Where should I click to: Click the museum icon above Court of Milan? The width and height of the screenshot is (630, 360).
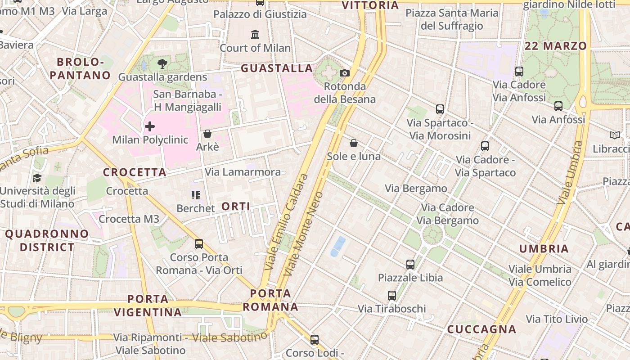[255, 34]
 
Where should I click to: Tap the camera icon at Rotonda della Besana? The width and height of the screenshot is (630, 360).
[345, 73]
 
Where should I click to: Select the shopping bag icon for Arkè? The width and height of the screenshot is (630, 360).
[207, 134]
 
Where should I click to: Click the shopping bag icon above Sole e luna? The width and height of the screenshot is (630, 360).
[354, 143]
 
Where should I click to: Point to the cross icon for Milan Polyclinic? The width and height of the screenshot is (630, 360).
[150, 126]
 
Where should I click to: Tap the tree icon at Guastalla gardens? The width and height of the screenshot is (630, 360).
[162, 64]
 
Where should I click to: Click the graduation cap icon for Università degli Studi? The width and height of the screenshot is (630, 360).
[37, 178]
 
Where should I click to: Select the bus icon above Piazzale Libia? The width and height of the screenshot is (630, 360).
[410, 265]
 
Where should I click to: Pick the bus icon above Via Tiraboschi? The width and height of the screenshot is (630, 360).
[392, 296]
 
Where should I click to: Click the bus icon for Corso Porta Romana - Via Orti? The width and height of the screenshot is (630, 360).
[199, 244]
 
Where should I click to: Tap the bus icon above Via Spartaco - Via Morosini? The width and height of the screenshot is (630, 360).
[440, 109]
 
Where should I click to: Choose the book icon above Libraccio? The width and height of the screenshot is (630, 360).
[614, 135]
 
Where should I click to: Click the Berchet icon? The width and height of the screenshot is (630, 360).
[195, 195]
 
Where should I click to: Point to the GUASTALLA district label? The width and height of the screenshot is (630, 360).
[277, 68]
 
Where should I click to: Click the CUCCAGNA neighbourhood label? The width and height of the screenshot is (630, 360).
[481, 329]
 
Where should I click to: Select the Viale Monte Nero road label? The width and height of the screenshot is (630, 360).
[304, 234]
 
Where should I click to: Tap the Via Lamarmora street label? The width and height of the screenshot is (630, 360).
[243, 172]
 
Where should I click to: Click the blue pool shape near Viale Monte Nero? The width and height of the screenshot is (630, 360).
[338, 246]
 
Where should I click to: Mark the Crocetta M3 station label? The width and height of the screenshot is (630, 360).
[129, 219]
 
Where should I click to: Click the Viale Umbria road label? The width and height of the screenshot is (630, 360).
[569, 173]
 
